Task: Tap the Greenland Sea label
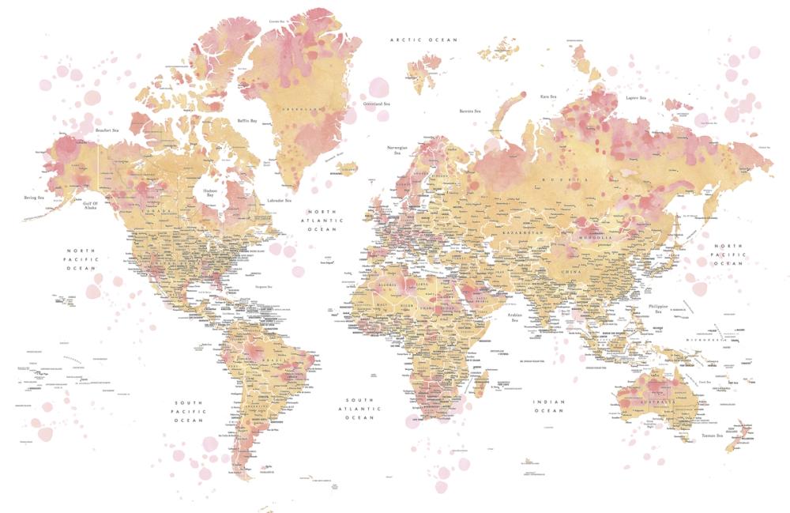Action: coord(376,104)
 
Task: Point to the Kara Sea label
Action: coord(549,96)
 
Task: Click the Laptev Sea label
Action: coord(635,98)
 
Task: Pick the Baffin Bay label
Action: coord(247,121)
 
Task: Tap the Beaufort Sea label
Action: coord(107,130)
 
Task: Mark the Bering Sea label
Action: coord(33,198)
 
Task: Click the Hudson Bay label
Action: coord(210,192)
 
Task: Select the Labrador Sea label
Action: coord(279,201)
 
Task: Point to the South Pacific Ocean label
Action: coord(190,411)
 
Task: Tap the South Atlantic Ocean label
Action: coord(361,408)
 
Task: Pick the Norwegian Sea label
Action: coord(396,150)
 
